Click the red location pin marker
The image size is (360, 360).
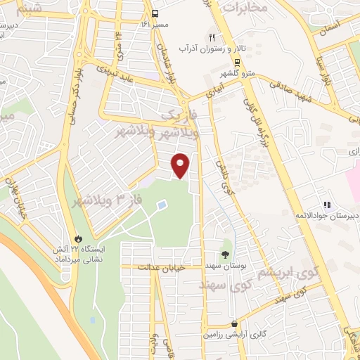(x=181, y=165)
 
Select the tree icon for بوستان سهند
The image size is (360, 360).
(x=226, y=255)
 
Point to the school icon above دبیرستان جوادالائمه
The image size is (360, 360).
(x=326, y=205)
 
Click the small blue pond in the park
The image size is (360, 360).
(x=162, y=205)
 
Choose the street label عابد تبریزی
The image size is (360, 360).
(x=126, y=80)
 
